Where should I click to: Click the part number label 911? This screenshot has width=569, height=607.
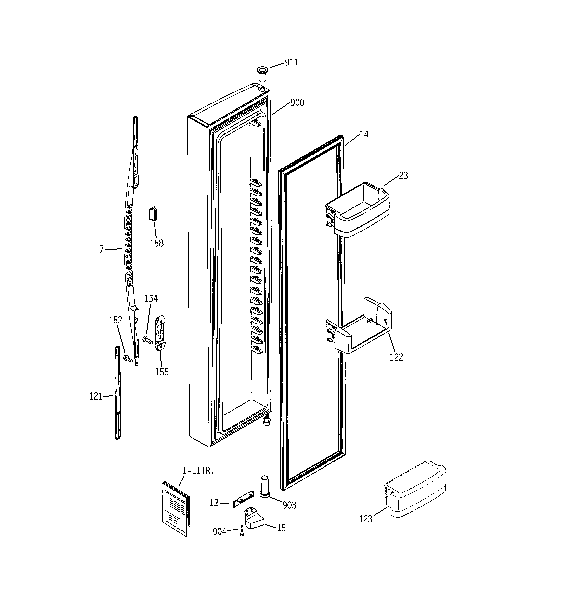[291, 62]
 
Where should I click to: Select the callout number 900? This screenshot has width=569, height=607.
[297, 103]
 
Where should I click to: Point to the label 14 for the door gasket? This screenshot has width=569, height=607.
[364, 134]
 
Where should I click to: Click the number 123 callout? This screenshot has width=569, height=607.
[366, 519]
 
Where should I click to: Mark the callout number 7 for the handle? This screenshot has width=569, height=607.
[102, 249]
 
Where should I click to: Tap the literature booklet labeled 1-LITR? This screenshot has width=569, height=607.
[176, 508]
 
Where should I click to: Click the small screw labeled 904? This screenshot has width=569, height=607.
[242, 531]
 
